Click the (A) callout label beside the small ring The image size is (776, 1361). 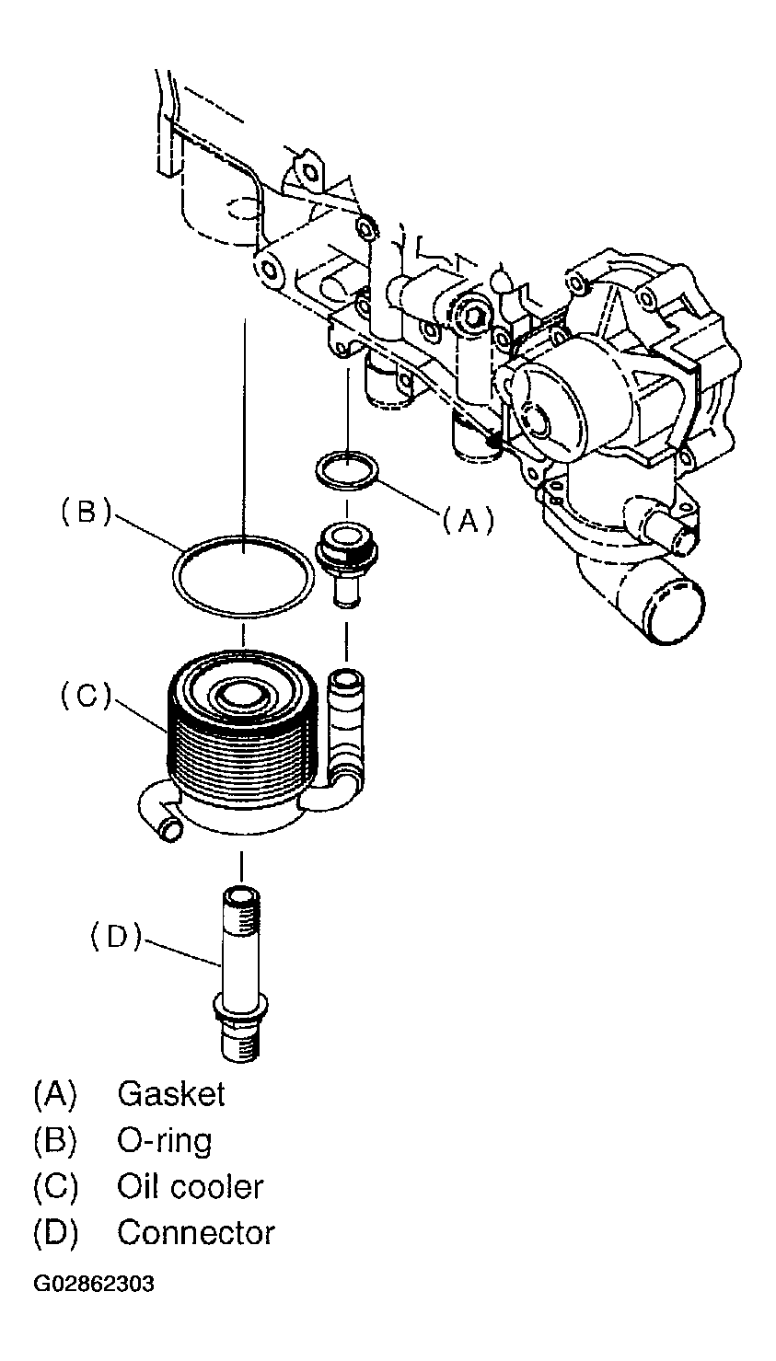pyautogui.click(x=468, y=521)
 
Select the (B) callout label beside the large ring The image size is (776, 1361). pyautogui.click(x=87, y=512)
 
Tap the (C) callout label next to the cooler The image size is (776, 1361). pyautogui.click(x=87, y=696)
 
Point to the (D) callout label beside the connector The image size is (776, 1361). pyautogui.click(x=116, y=937)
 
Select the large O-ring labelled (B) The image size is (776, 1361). pyautogui.click(x=244, y=576)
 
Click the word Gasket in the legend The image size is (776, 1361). pyautogui.click(x=170, y=1094)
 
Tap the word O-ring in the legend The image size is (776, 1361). pyautogui.click(x=164, y=1140)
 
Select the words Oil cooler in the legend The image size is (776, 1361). pyautogui.click(x=191, y=1187)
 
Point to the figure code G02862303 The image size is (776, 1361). pyautogui.click(x=94, y=1285)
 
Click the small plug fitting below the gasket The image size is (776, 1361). pyautogui.click(x=346, y=566)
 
